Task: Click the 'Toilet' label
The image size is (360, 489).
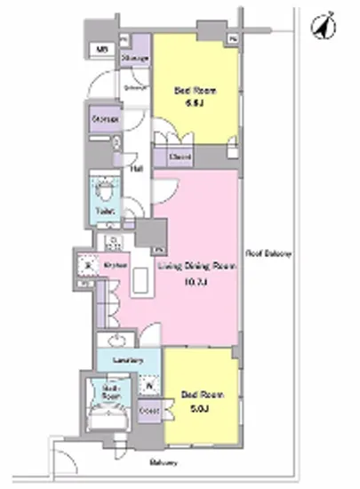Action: [104, 212]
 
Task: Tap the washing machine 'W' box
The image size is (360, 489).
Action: [148, 387]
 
